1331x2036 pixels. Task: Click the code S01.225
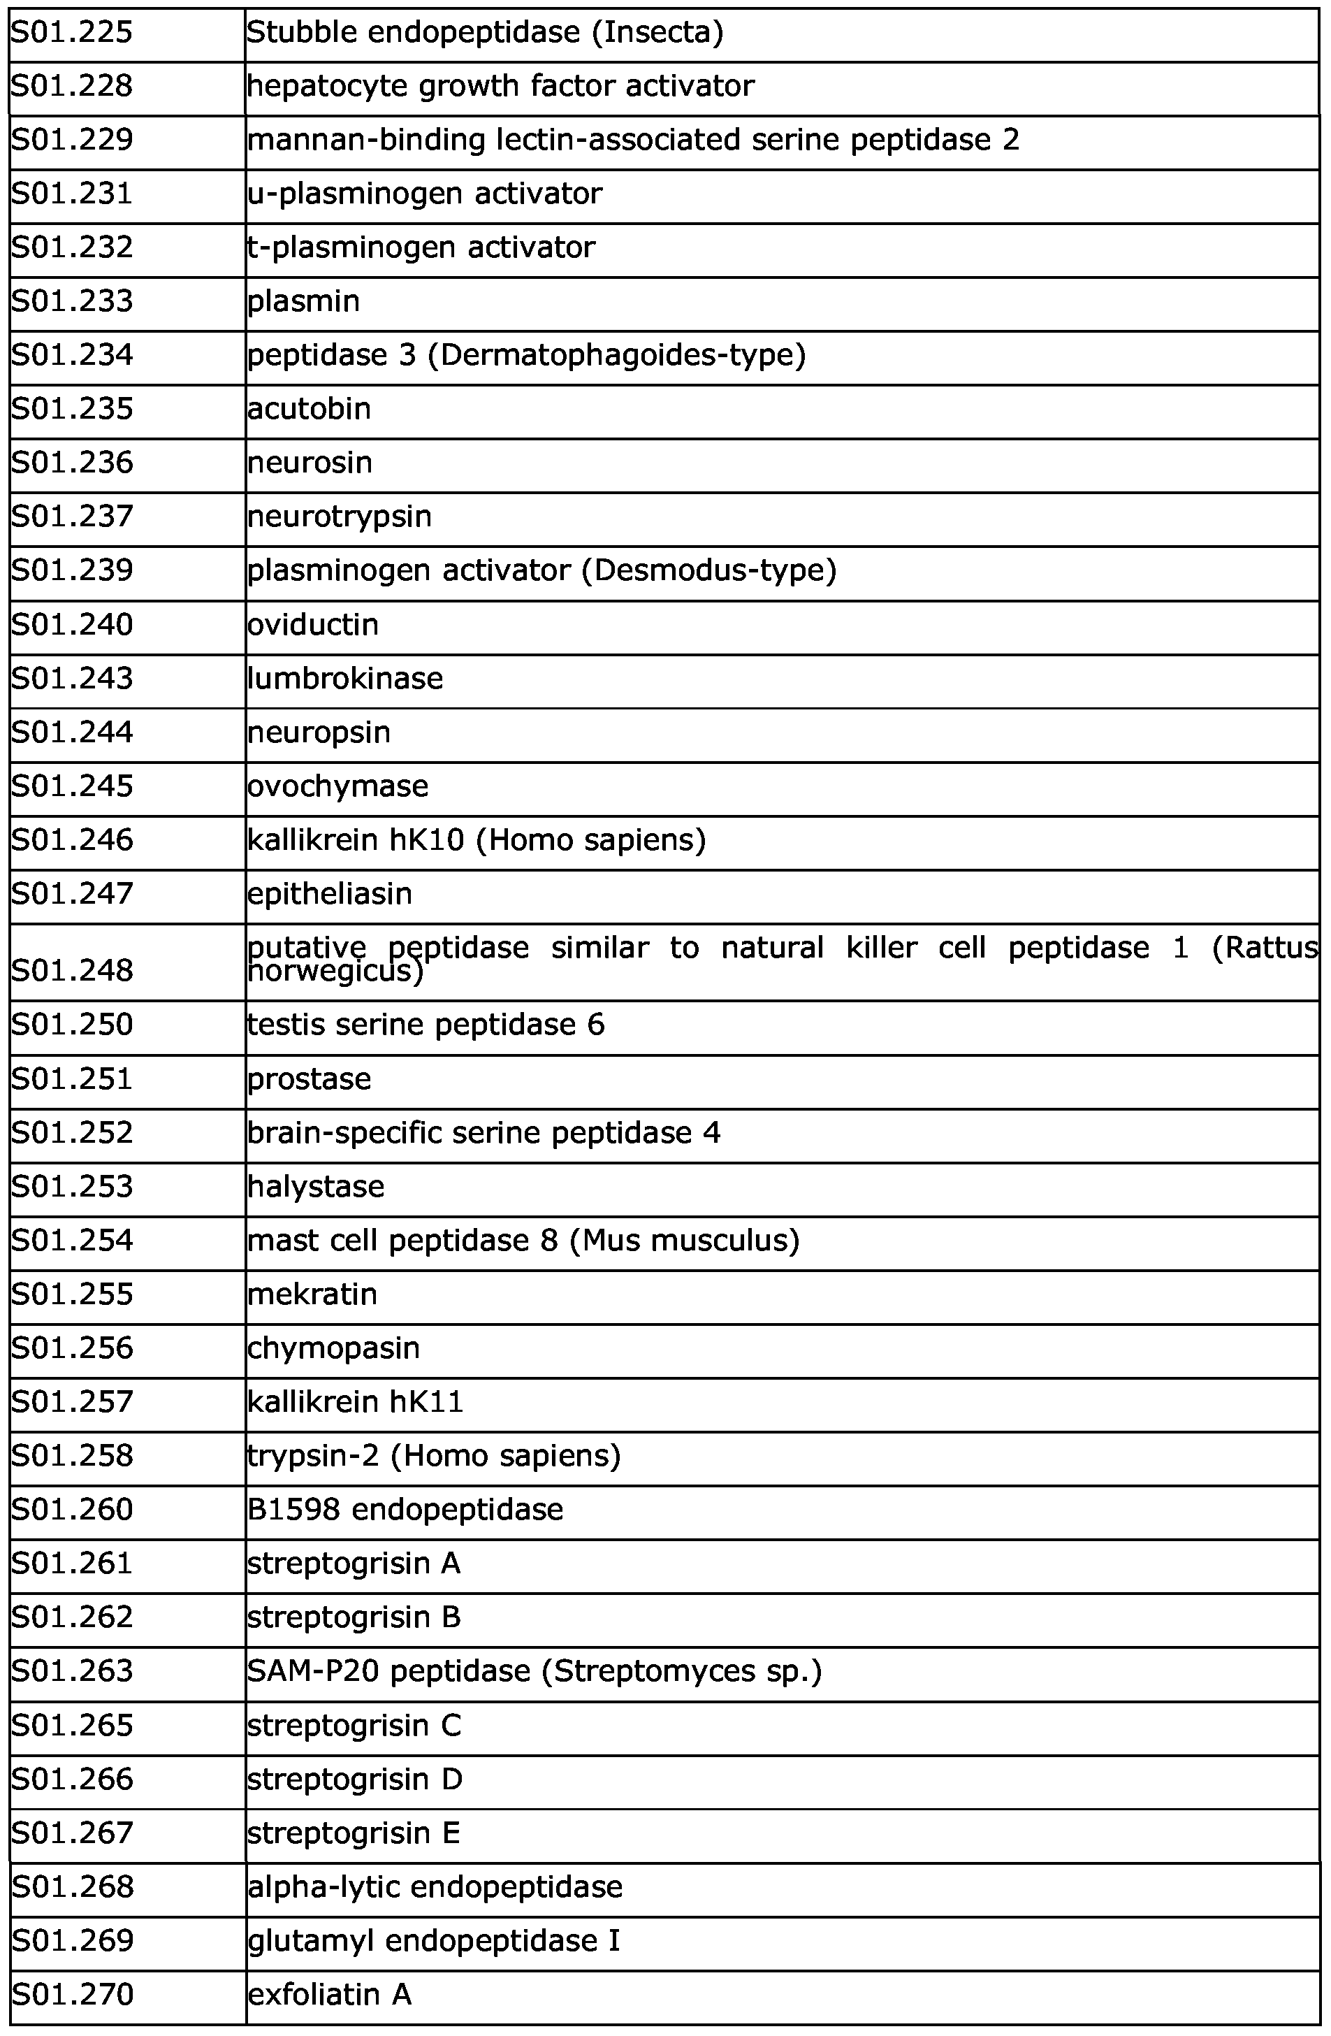(72, 34)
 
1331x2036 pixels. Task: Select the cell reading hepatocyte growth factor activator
(500, 87)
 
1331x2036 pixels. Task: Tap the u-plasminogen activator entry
(424, 194)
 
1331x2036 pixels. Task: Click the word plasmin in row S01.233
(304, 302)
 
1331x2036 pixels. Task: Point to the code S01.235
(72, 409)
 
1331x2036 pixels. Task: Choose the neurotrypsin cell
(340, 517)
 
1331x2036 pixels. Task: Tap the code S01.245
(72, 786)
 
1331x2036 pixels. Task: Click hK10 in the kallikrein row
(426, 840)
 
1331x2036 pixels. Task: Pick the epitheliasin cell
(329, 894)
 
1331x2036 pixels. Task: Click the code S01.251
(72, 1078)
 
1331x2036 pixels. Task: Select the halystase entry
(316, 1187)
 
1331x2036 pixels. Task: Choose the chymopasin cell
(333, 1348)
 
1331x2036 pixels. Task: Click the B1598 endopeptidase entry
(405, 1509)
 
